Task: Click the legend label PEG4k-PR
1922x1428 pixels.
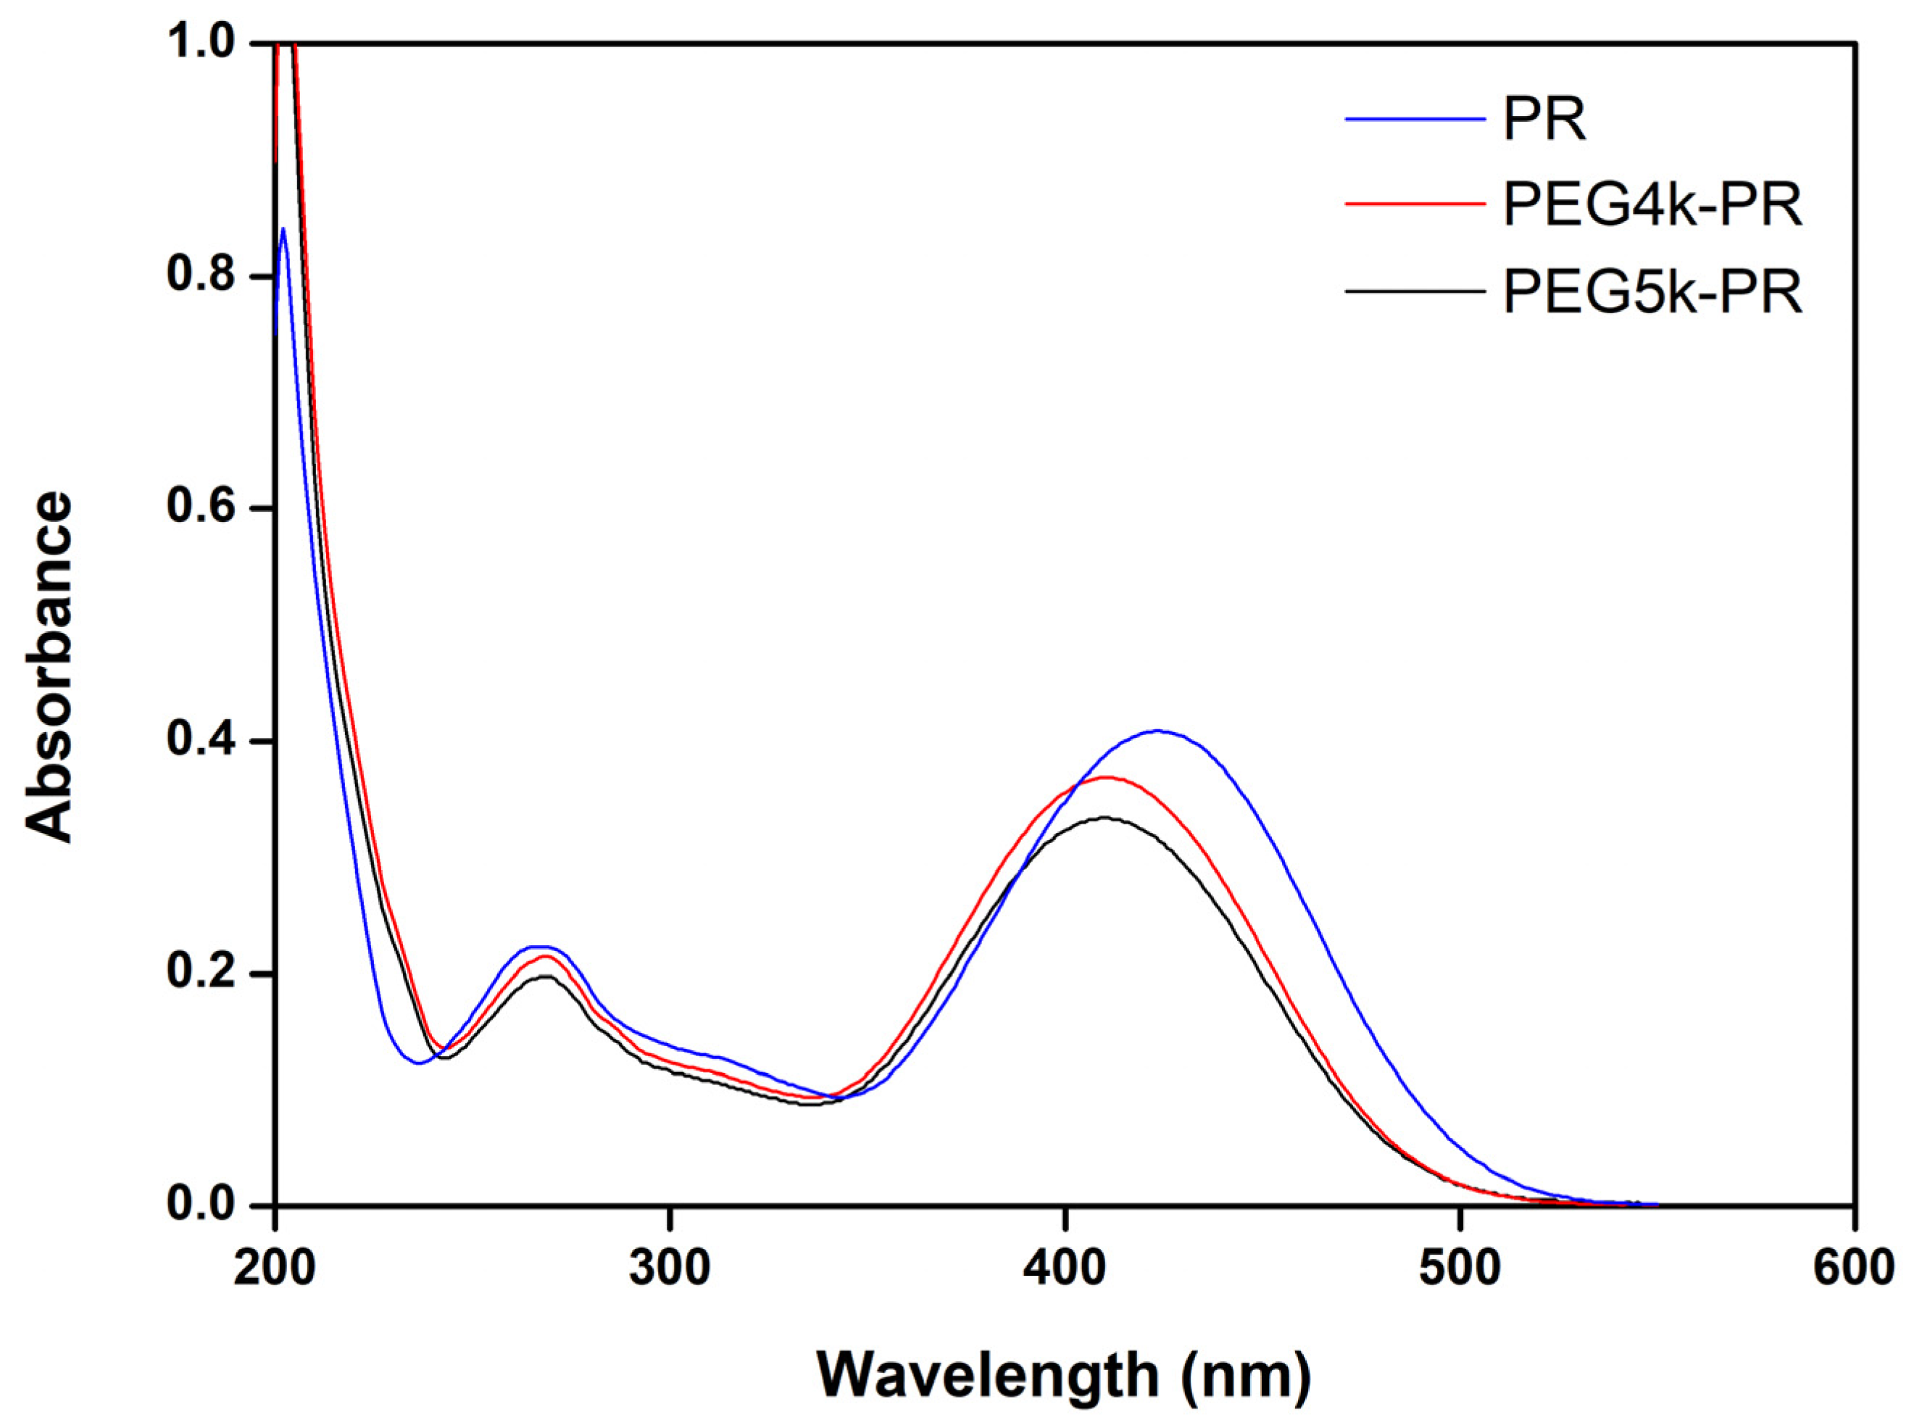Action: [1652, 206]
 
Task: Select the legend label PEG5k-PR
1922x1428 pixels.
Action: [1652, 292]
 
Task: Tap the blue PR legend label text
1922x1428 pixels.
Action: [1544, 120]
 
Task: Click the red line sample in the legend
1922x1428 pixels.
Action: [1414, 204]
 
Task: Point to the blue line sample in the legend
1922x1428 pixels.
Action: [1414, 117]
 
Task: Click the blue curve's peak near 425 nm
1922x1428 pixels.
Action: [1158, 731]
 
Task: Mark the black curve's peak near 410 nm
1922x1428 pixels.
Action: [1104, 817]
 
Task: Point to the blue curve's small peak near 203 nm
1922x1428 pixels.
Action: [283, 229]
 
